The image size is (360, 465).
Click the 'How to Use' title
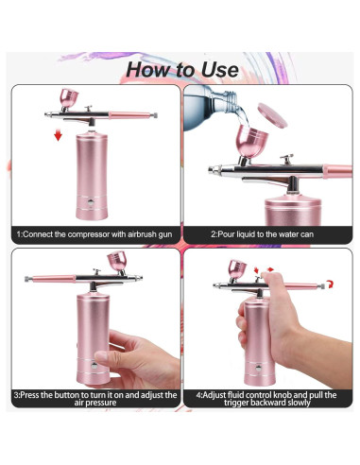click(x=180, y=69)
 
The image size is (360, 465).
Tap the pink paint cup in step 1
click(x=69, y=98)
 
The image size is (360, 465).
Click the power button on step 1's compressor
click(x=89, y=202)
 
